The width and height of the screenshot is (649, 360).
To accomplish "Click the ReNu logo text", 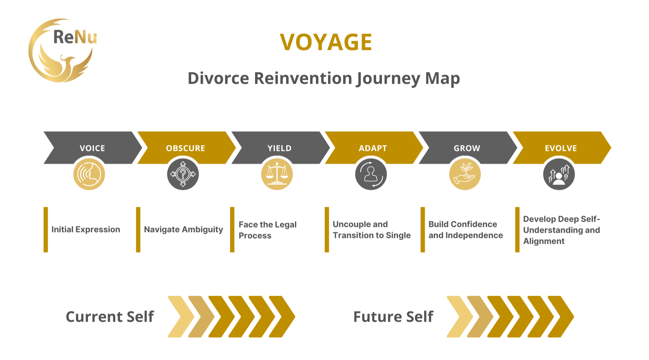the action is tap(75, 37).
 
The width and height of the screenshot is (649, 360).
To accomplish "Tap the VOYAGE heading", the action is tap(326, 42).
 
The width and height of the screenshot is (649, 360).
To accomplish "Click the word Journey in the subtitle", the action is tap(388, 79).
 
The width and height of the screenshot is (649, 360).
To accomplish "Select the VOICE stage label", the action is tap(92, 148).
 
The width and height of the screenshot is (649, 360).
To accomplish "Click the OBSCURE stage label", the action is tap(186, 148).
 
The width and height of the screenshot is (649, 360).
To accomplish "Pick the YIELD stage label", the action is tap(279, 148).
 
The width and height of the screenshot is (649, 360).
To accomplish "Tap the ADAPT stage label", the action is tap(373, 148).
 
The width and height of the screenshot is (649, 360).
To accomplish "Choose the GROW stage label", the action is tap(467, 148).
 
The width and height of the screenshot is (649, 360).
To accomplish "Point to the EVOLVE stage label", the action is tap(561, 148).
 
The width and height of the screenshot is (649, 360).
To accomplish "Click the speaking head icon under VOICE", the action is tap(89, 174).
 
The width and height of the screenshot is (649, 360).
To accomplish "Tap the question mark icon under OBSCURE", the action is tap(183, 174).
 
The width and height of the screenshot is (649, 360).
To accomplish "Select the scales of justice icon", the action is tap(277, 174).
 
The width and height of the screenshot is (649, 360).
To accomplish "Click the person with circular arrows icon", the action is tap(371, 174).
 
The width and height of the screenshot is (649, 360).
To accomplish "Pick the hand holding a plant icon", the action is tap(465, 174).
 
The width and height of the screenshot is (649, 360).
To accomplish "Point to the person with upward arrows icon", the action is tap(559, 174).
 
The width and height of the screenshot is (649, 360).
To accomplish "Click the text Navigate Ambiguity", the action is tap(183, 230).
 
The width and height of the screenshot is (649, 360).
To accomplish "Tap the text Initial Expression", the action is tap(86, 230).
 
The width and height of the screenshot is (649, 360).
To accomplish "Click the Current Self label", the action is tap(110, 317).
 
